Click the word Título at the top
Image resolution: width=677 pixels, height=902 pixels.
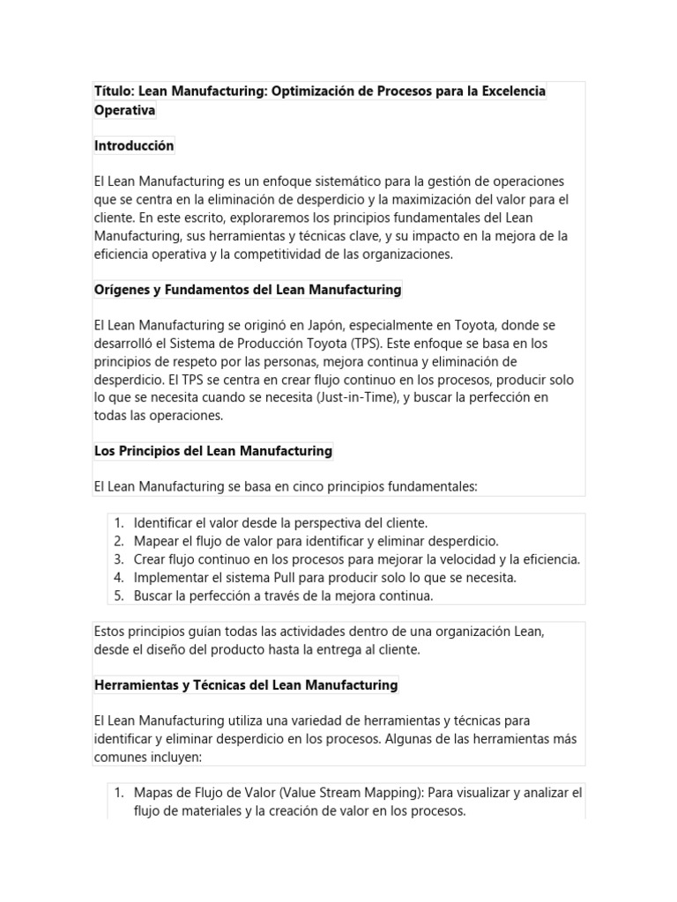pyautogui.click(x=115, y=92)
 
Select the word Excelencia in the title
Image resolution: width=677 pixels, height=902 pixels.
pyautogui.click(x=506, y=92)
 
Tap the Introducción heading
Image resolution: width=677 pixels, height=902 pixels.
pyautogui.click(x=134, y=145)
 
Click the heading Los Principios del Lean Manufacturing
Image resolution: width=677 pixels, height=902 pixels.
pyautogui.click(x=212, y=451)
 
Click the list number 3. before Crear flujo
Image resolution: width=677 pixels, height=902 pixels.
pyautogui.click(x=119, y=559)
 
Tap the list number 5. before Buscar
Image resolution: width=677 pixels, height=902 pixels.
pyautogui.click(x=119, y=596)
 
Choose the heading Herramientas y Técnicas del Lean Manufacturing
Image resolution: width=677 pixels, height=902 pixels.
pyautogui.click(x=246, y=684)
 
